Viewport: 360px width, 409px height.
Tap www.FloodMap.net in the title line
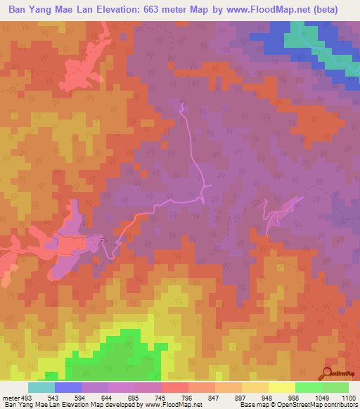269,10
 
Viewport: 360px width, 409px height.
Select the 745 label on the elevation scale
160,398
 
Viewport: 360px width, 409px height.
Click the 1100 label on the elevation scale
349,398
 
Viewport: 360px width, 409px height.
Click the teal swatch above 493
41,387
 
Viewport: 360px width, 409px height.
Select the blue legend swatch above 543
68,387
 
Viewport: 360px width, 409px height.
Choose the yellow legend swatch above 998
281,387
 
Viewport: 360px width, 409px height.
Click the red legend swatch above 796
174,387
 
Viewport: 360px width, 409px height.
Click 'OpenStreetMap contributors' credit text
320,405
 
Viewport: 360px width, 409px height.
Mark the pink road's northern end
181,105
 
